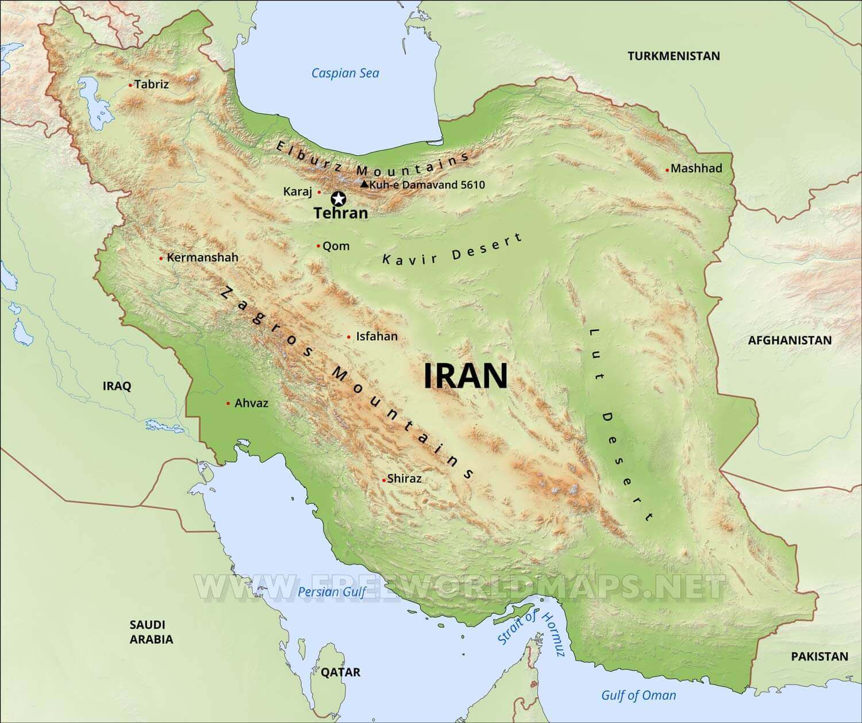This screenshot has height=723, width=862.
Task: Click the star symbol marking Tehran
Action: (339, 199)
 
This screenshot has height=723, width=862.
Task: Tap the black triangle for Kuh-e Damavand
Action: (364, 184)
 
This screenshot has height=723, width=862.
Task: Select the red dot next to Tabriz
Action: (130, 85)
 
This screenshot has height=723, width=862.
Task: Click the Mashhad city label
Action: (696, 168)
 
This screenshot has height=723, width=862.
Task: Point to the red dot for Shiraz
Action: (384, 479)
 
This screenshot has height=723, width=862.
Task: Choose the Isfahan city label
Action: (376, 336)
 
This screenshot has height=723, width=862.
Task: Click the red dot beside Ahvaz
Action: (228, 403)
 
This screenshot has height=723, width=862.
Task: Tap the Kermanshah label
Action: (202, 257)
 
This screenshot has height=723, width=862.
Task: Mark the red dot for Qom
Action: (318, 246)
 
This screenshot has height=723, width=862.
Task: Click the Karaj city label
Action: (297, 191)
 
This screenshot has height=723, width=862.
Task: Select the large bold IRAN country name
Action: (465, 376)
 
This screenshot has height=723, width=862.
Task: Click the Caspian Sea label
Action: (345, 73)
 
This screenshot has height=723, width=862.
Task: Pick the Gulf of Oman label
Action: (638, 695)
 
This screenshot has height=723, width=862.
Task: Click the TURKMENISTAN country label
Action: (674, 56)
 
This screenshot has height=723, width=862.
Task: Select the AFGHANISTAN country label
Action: (789, 340)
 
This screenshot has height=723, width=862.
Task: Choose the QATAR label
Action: (341, 672)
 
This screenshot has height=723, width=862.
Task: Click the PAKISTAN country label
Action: (819, 656)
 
